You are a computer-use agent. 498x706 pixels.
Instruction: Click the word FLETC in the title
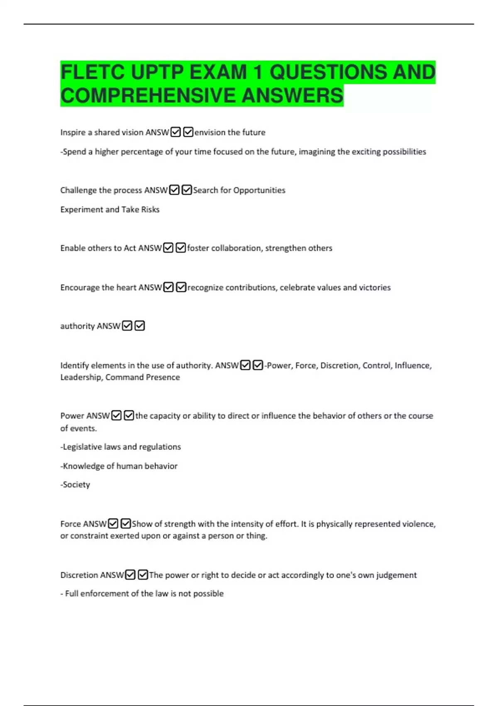point(92,72)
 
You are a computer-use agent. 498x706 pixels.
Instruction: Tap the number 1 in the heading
point(258,72)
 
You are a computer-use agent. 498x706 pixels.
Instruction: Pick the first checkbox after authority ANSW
point(127,326)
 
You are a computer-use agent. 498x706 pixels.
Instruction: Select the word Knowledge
point(82,466)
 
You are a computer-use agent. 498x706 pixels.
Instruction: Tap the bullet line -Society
point(75,484)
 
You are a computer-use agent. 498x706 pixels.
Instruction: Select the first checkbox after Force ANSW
point(113,524)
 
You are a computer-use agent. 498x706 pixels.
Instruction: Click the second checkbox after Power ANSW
point(129,416)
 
